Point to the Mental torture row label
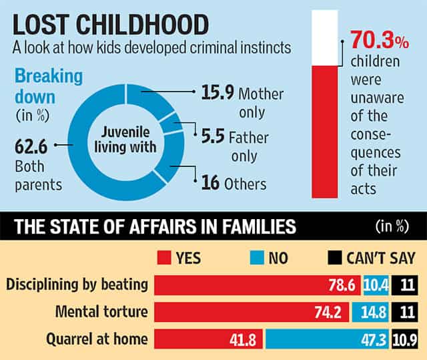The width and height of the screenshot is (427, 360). tap(99, 311)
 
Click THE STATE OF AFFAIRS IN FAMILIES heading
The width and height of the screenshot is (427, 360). tap(153, 227)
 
